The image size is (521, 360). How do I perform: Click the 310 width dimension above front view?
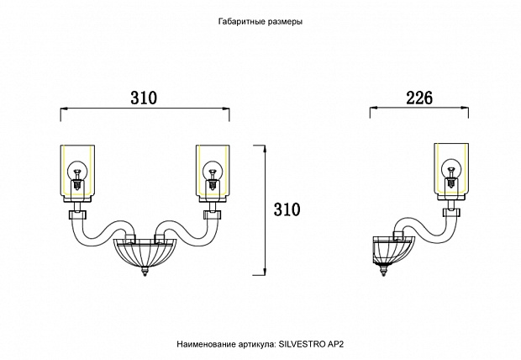(x=144, y=98)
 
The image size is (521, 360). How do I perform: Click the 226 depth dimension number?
(x=419, y=98)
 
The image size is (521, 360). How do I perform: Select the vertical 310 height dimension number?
(x=287, y=209)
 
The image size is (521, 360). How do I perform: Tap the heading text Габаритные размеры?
(x=260, y=22)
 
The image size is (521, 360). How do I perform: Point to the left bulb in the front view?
(x=77, y=174)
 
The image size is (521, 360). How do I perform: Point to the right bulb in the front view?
(x=212, y=174)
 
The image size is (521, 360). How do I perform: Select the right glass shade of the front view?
(x=213, y=173)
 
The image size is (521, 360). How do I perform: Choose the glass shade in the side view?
(x=451, y=172)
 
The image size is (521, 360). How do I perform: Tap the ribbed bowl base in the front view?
(x=145, y=253)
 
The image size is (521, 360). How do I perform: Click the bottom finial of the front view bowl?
(x=145, y=272)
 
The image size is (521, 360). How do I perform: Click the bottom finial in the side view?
(x=384, y=271)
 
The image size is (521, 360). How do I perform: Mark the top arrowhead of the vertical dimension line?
(x=265, y=149)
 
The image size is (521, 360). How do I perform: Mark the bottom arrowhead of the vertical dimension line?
(x=265, y=271)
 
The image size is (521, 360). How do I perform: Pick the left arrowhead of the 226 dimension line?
(x=374, y=108)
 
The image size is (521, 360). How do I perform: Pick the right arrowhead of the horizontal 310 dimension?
(x=225, y=108)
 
